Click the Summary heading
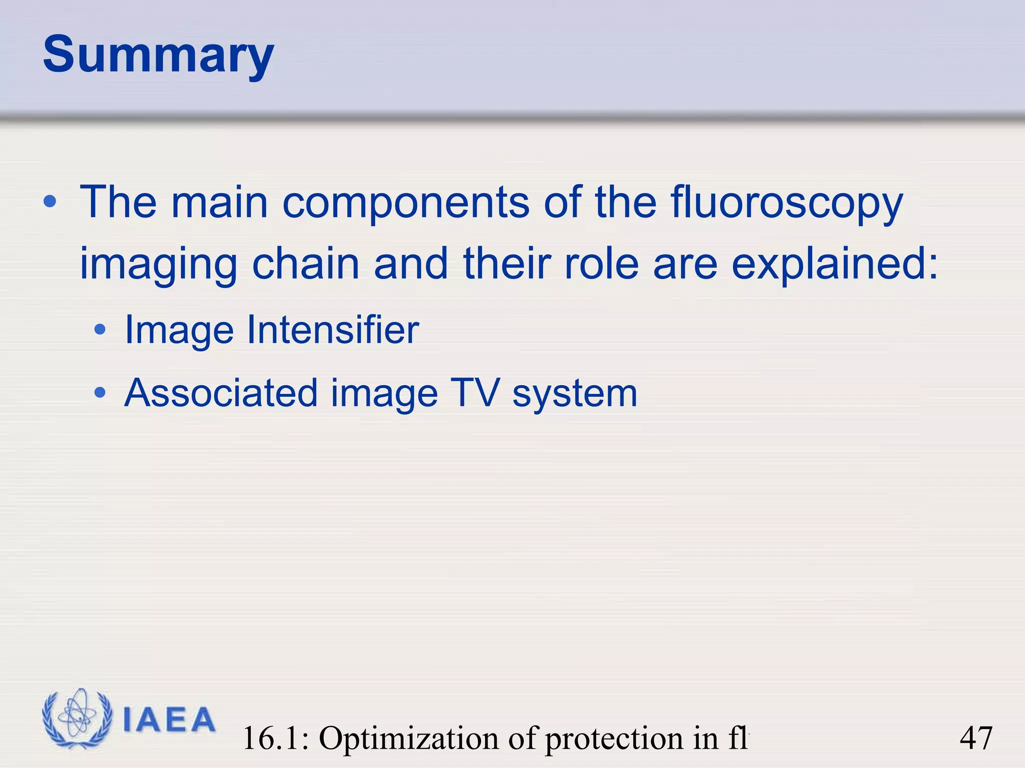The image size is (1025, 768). click(158, 55)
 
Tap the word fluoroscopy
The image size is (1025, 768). click(786, 204)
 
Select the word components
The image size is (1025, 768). click(405, 203)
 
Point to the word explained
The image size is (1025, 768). click(834, 265)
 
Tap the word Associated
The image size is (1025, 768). click(221, 392)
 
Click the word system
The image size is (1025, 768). click(575, 395)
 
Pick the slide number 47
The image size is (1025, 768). click(975, 738)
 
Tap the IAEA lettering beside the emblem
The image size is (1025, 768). click(169, 720)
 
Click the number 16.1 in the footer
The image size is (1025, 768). click(275, 738)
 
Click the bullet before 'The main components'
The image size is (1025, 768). click(50, 202)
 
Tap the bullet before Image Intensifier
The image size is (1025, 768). click(100, 329)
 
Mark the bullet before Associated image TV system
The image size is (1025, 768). click(100, 392)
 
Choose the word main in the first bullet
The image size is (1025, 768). click(219, 203)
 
